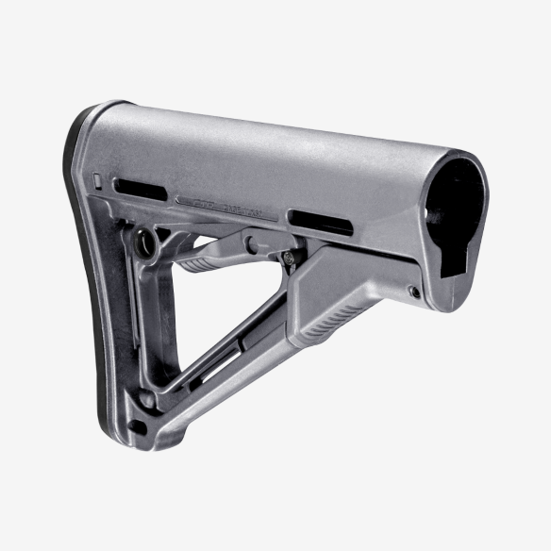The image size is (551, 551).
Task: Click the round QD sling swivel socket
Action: (x=147, y=242)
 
